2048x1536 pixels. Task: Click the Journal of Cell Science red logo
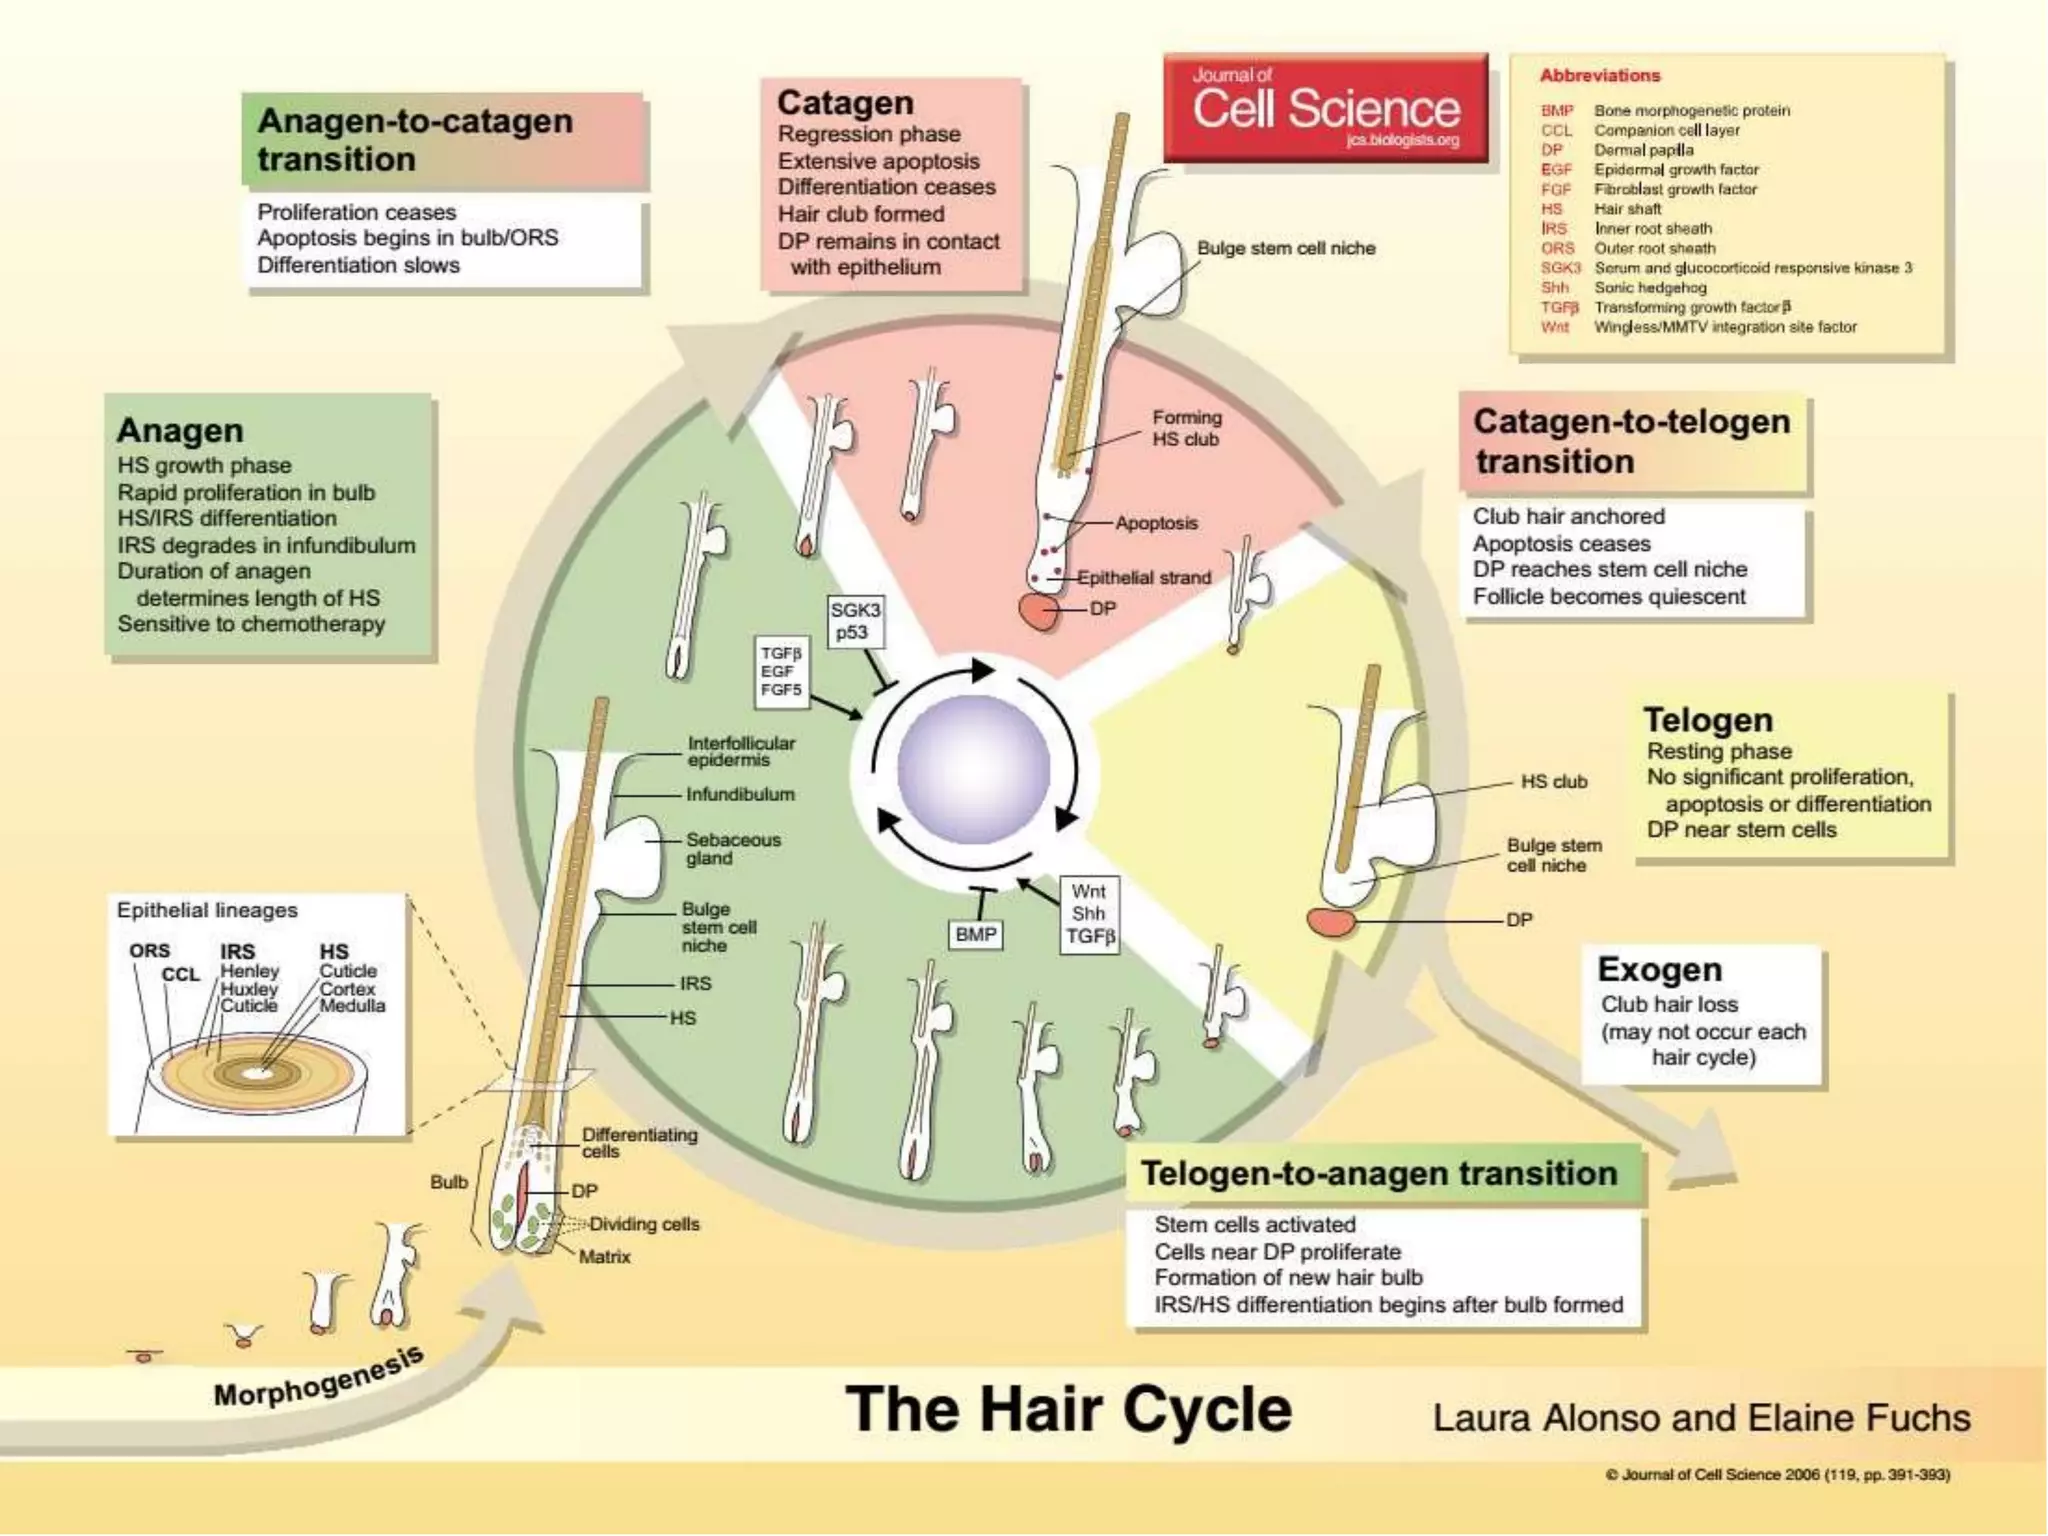point(1325,108)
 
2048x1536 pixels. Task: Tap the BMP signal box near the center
point(975,934)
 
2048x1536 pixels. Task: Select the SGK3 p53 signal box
point(855,621)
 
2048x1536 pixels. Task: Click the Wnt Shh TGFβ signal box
point(1088,913)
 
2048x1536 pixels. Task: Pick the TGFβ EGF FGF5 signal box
point(781,672)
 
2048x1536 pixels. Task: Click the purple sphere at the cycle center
point(973,769)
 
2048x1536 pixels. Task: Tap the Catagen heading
point(845,103)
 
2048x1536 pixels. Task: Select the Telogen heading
point(1708,720)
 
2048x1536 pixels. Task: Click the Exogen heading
point(1659,969)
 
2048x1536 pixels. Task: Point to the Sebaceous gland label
point(732,849)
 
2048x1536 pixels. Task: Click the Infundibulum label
point(740,794)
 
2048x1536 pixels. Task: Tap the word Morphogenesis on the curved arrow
point(318,1378)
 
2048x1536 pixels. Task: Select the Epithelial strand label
point(1143,577)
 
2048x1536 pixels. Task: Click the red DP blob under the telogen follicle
point(1331,921)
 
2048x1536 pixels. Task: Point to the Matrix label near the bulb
point(604,1257)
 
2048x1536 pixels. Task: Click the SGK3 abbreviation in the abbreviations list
point(1560,268)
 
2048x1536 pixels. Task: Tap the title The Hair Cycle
point(1068,1409)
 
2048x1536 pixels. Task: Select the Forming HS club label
point(1186,428)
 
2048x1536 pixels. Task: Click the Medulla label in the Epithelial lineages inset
point(352,1006)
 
